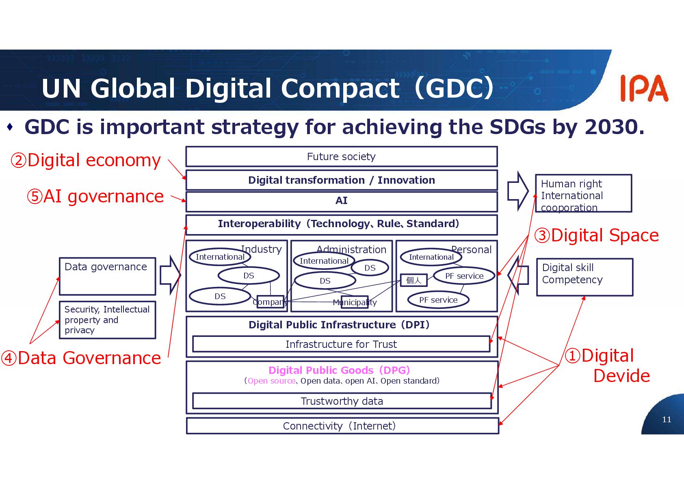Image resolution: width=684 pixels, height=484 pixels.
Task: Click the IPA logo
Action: tap(644, 88)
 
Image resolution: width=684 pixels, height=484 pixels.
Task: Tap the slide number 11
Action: tap(667, 419)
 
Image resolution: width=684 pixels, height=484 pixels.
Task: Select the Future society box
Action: tap(341, 156)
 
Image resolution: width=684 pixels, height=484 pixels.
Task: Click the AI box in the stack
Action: tap(341, 201)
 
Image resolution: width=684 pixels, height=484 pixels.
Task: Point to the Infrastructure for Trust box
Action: tap(341, 344)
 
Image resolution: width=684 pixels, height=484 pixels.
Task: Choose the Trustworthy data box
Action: tap(341, 401)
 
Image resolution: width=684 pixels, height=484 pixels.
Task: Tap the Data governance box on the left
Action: tap(107, 276)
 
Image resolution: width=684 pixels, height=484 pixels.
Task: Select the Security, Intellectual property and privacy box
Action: tap(107, 320)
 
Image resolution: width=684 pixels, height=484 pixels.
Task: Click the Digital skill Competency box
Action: tap(584, 277)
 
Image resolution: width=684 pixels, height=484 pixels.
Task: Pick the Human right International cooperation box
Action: tap(583, 193)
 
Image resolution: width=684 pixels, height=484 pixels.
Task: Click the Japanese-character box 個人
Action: tap(414, 280)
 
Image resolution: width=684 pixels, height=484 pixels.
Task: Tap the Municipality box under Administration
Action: tap(355, 302)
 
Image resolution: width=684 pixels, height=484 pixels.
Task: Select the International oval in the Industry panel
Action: tap(220, 257)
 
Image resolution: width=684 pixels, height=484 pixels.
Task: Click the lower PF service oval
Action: tap(438, 300)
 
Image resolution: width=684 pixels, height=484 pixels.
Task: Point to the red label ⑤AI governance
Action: tap(95, 196)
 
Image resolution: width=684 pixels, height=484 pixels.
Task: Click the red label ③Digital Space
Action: tap(596, 235)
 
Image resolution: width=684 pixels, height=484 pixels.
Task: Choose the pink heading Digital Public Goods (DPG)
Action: tap(339, 370)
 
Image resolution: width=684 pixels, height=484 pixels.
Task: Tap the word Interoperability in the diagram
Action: tap(259, 224)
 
